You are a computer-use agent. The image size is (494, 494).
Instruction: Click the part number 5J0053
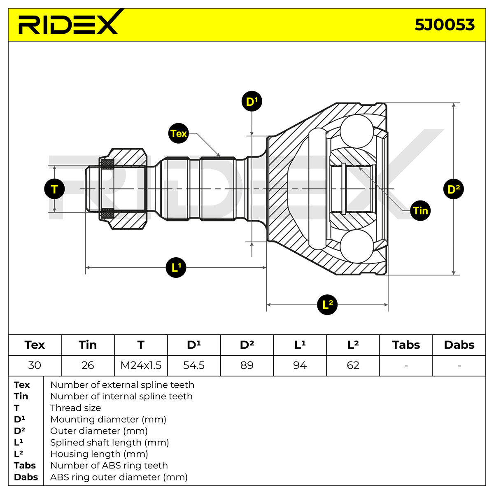tap(445, 25)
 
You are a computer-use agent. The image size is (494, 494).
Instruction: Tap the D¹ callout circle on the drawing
tap(252, 101)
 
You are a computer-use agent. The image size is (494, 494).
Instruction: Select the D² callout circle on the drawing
tap(454, 189)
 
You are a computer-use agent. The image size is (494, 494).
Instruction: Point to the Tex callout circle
tap(178, 133)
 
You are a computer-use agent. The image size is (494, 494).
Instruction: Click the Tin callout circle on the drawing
tap(420, 210)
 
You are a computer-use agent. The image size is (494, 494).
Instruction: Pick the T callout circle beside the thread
tap(54, 189)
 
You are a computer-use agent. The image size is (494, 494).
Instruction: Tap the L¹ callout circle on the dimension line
tap(176, 268)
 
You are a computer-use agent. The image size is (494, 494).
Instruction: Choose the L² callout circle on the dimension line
tap(327, 305)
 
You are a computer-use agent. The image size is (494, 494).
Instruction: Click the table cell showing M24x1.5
tap(141, 365)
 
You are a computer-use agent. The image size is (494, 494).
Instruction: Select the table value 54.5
tap(194, 365)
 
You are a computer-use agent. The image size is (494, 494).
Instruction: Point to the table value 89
tap(247, 365)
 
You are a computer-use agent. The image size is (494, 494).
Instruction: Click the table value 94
tap(300, 365)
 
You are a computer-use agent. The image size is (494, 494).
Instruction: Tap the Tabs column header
tap(406, 345)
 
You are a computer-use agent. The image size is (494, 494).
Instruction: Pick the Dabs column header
tap(459, 345)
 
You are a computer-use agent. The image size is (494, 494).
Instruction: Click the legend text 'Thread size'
tap(76, 408)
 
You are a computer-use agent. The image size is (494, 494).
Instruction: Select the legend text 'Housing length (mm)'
tap(99, 454)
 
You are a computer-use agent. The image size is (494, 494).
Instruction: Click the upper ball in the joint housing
tap(357, 131)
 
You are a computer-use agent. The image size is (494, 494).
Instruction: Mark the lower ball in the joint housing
tap(357, 246)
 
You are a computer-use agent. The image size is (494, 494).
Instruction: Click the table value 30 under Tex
tap(35, 365)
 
